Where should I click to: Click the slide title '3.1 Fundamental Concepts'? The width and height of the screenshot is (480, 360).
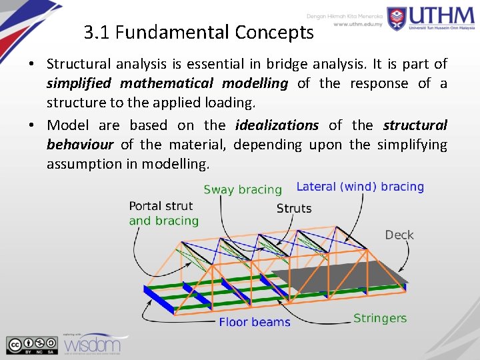point(199,32)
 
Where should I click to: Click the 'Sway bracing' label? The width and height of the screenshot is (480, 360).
point(243,189)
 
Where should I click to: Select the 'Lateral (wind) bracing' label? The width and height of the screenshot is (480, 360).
point(360,187)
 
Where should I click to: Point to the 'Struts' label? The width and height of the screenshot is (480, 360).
point(294,209)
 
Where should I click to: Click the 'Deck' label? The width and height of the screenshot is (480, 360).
point(399,235)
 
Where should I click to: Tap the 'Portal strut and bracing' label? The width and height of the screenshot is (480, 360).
point(164,213)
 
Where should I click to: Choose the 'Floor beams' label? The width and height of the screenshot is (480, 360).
point(255,323)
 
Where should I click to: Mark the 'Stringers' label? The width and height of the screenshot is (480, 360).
point(380,318)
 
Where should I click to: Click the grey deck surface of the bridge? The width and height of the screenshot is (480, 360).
point(347,270)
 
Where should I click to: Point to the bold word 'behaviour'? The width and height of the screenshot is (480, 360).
point(80,145)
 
